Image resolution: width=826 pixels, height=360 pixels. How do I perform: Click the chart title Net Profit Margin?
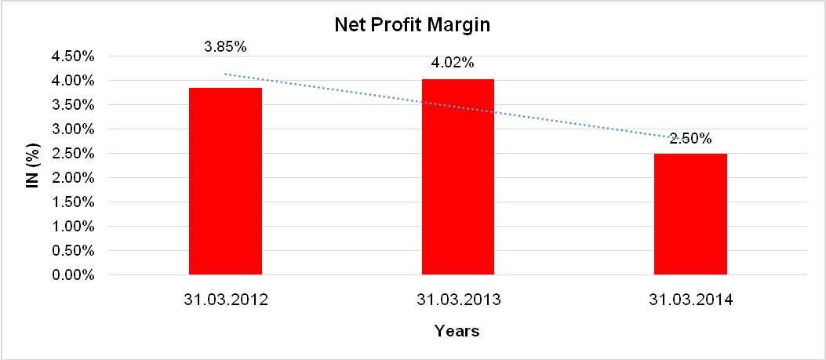coord(413,24)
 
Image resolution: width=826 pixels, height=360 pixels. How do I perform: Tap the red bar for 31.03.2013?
coord(458,176)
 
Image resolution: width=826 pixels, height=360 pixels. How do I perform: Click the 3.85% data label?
coord(225,46)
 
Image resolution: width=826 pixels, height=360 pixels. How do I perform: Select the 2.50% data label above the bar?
coord(690,139)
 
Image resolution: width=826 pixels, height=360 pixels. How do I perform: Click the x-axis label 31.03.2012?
coord(226,300)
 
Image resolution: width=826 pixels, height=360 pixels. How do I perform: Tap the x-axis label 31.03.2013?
coord(459,300)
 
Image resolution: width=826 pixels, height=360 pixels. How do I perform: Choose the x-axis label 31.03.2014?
coord(690,300)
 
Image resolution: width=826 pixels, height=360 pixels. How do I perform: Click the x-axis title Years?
coord(457,331)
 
